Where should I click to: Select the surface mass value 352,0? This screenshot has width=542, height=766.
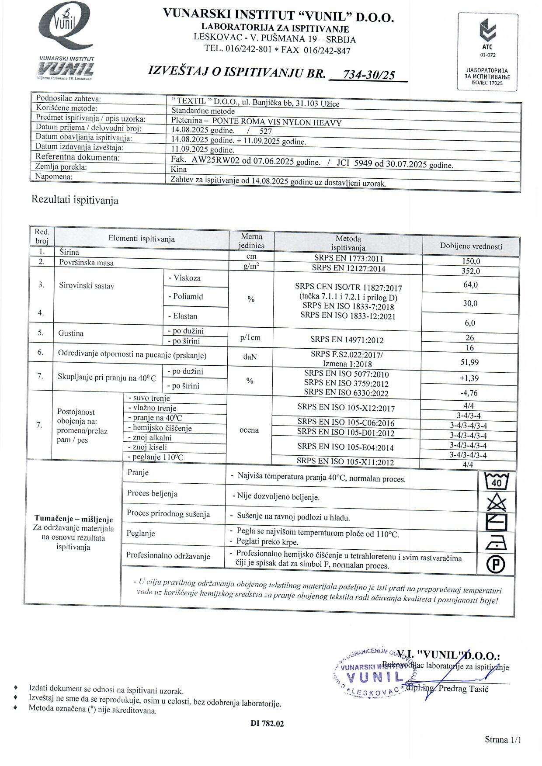(470, 271)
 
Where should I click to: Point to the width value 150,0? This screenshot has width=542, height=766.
(471, 261)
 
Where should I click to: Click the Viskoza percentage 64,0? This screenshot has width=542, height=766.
(470, 285)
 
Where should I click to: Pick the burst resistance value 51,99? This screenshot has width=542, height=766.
(469, 362)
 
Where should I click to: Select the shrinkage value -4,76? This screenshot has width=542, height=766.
(469, 393)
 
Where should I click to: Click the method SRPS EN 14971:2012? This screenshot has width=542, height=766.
(347, 340)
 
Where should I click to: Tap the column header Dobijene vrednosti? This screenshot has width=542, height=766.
(471, 246)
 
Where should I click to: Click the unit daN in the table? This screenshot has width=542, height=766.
(250, 357)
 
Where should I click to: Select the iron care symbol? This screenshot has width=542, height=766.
(496, 543)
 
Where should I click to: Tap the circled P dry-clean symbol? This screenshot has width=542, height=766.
(496, 564)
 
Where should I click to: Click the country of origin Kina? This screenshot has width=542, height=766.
(179, 169)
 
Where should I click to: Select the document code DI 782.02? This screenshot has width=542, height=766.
(267, 724)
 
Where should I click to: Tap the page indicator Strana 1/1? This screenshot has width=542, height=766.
(503, 740)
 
